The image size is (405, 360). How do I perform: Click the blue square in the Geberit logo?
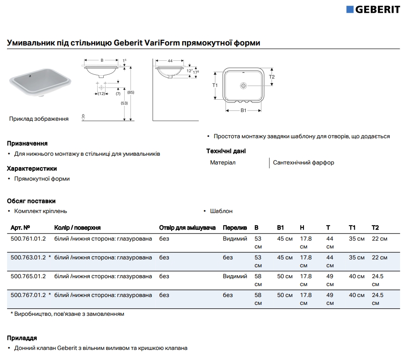coord(350,9)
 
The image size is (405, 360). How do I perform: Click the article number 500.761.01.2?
coord(28,239)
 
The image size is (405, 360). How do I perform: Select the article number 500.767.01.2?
coord(28,295)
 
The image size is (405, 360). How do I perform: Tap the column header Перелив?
coord(235,228)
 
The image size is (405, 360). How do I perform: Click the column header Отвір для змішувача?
coord(187,228)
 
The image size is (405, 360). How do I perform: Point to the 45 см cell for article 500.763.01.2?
coord(285,258)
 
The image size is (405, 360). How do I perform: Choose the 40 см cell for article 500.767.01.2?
coord(356,295)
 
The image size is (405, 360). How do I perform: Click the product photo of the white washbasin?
coord(39,83)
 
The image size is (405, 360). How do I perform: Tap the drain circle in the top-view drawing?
coord(243,86)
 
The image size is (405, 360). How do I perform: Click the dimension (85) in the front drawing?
coord(130,92)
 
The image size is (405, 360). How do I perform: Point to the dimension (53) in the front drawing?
coord(124,103)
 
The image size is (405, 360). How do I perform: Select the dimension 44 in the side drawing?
coord(169,61)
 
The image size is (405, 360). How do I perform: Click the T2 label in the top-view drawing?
coord(271,77)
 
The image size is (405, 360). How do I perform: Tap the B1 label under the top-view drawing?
coord(243,110)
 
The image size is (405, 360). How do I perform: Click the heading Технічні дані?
coord(226,151)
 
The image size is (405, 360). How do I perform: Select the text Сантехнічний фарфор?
coord(303,163)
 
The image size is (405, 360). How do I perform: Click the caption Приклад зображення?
coord(39,119)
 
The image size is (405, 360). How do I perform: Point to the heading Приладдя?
coord(22,338)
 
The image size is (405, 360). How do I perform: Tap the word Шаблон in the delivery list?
coord(221,211)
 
